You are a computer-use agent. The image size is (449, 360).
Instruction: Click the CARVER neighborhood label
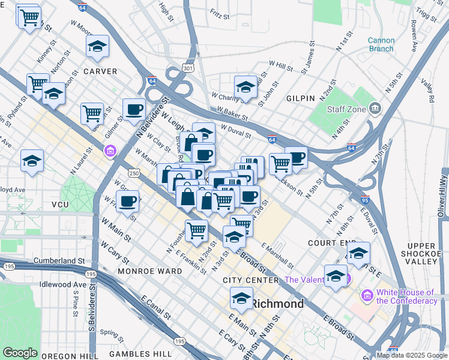100,71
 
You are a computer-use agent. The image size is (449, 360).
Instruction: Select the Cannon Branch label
381,45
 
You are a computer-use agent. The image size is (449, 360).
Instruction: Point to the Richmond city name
277,304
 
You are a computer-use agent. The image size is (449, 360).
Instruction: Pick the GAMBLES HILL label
142,354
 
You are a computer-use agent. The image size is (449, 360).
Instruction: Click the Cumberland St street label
52,262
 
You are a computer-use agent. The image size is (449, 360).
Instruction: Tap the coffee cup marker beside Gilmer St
134,109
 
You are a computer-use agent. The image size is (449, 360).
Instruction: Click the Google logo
20,353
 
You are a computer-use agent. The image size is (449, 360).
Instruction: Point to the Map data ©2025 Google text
411,355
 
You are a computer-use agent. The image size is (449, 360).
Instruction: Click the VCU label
61,205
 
